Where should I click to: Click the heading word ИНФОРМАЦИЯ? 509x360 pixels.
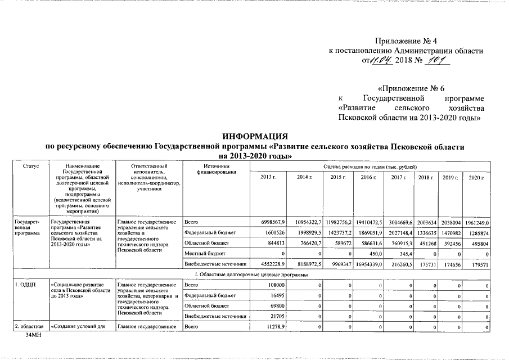click(x=255, y=137)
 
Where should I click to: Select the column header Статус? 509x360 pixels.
click(x=31, y=166)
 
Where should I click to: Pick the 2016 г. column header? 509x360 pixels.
click(x=368, y=178)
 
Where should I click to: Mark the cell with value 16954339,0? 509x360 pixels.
click(x=366, y=263)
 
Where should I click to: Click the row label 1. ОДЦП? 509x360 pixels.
click(x=25, y=286)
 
